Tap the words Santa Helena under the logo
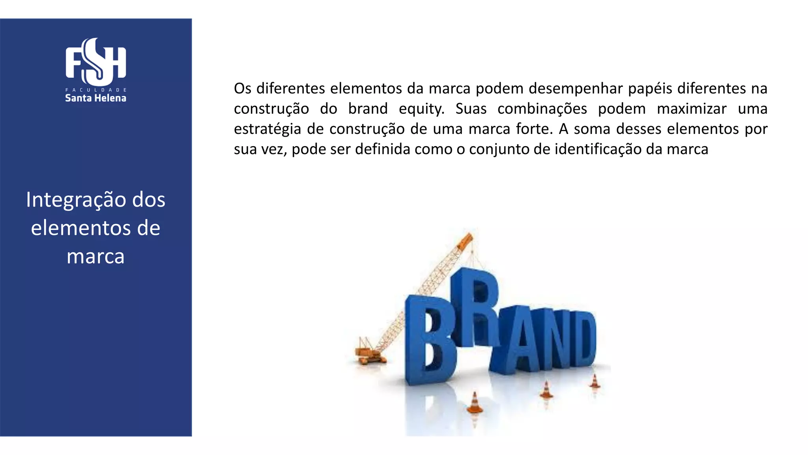coord(96,98)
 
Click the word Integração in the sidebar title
coord(77,200)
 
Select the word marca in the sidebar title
coord(96,256)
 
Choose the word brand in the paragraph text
coord(368,109)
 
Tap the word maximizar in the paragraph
coord(692,109)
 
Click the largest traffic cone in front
coord(475,403)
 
